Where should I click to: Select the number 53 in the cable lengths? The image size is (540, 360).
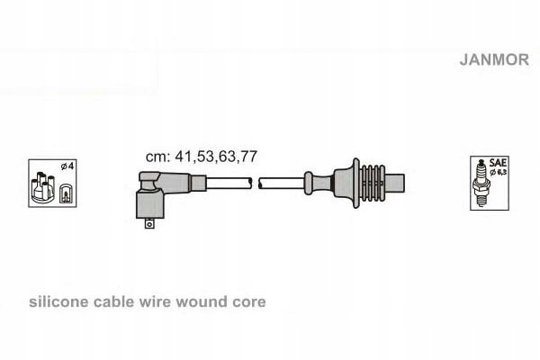(x=201, y=156)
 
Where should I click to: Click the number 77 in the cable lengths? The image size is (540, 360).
(x=246, y=156)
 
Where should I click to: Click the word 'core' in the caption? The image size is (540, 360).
(x=247, y=302)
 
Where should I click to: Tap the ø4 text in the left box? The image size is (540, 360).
(x=66, y=167)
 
